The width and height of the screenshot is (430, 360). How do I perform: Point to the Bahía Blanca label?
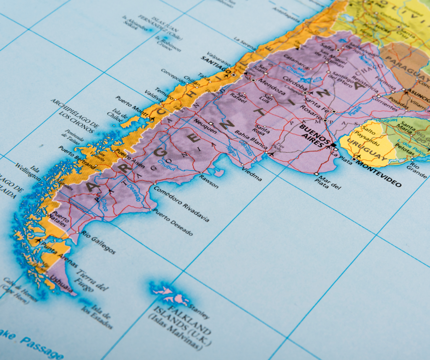[251, 140]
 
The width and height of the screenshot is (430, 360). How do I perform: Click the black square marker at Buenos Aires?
[333, 145]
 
